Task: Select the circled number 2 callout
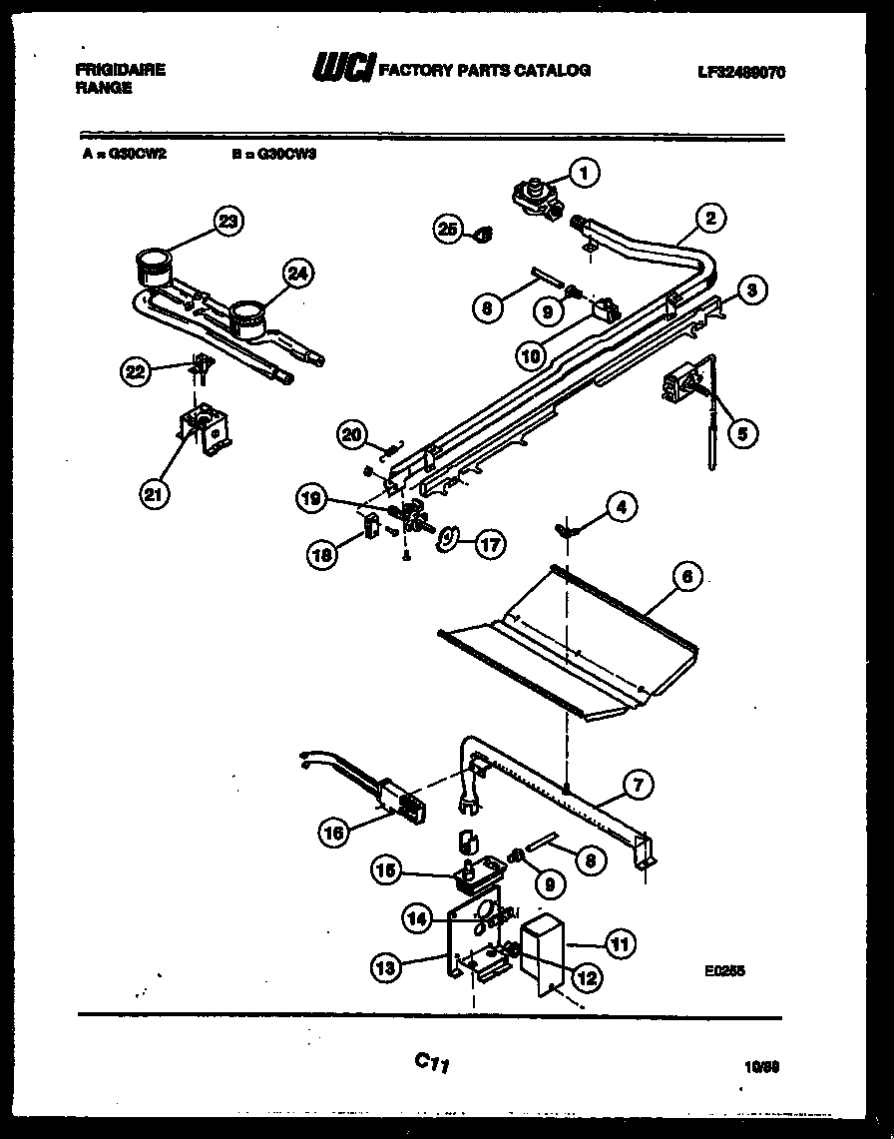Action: [x=710, y=217]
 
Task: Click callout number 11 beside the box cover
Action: [x=620, y=942]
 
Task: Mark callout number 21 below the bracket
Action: [x=153, y=493]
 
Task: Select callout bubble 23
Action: [x=228, y=222]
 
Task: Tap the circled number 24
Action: [x=297, y=273]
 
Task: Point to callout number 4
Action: [x=621, y=507]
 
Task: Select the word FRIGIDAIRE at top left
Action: [x=120, y=70]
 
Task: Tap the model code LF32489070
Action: [x=740, y=71]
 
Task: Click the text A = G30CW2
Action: [x=124, y=155]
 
